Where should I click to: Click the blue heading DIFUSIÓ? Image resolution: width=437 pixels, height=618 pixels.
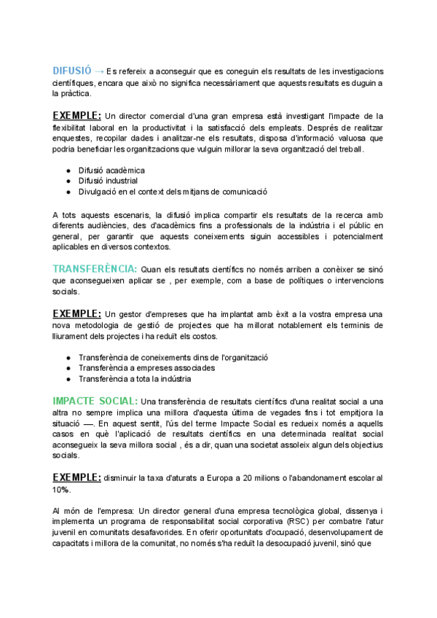tap(71, 71)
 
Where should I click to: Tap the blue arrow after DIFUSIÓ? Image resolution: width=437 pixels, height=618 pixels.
tap(98, 71)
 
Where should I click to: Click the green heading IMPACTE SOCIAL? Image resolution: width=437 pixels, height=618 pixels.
tap(95, 401)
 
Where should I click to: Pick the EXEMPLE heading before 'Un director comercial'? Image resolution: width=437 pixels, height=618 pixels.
tap(76, 115)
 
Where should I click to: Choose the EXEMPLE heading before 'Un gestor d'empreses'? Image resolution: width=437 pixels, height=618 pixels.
tap(76, 313)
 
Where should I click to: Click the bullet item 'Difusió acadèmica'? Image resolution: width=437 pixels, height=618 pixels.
tap(111, 170)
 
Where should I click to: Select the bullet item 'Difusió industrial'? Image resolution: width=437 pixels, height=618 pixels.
tap(109, 181)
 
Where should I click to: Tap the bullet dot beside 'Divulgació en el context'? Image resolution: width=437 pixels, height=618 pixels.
tap(68, 192)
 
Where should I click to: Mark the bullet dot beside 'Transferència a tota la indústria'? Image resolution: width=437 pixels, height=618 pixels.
tap(68, 379)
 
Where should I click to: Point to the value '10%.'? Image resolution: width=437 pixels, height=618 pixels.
tap(61, 489)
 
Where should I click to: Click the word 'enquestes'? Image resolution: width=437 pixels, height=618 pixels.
tap(72, 138)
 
